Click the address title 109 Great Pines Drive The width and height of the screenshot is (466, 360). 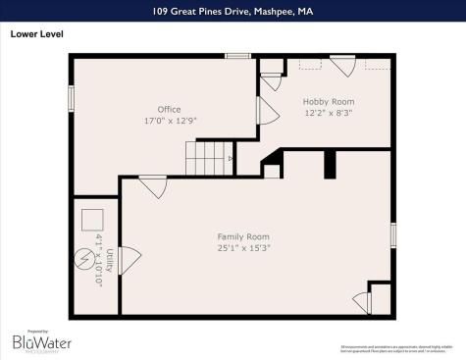pos(232,11)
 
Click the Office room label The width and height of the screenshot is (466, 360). pos(170,109)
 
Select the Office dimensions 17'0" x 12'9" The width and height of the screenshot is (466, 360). pos(170,120)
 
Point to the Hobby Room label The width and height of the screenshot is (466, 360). pos(328,101)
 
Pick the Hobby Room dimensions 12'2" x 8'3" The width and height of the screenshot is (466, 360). pos(328,112)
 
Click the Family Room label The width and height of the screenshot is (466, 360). pos(243,236)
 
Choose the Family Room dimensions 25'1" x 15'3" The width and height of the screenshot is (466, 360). pos(243,247)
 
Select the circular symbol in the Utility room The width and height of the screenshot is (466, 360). pos(85,262)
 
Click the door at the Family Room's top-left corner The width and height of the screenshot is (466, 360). pos(152,186)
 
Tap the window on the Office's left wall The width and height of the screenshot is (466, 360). pos(71,98)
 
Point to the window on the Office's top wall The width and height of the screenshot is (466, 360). pos(236,56)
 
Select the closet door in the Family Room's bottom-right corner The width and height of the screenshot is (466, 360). pos(363,302)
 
